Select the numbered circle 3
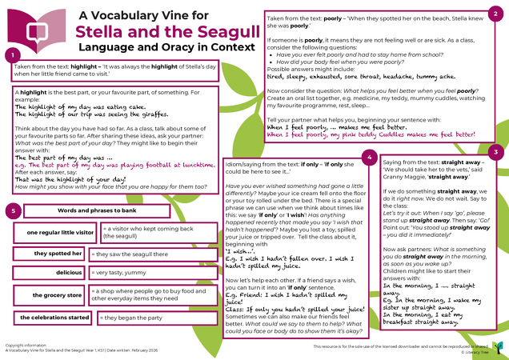pyautogui.click(x=496, y=151)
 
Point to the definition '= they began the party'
pyautogui.click(x=133, y=318)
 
